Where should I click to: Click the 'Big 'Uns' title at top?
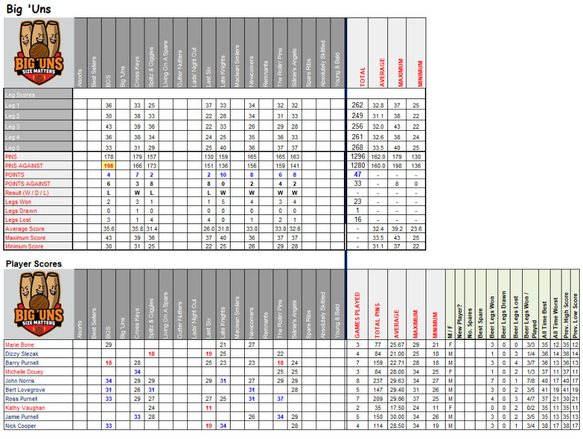click(29, 9)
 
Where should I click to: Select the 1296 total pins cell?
click(357, 157)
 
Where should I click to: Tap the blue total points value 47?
click(357, 175)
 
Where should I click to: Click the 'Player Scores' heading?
click(34, 264)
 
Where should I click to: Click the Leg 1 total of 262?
click(357, 105)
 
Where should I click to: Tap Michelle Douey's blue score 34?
click(137, 372)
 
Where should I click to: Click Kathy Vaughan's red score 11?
click(209, 408)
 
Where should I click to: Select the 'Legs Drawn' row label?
click(21, 211)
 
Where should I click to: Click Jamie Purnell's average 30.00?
click(396, 417)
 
